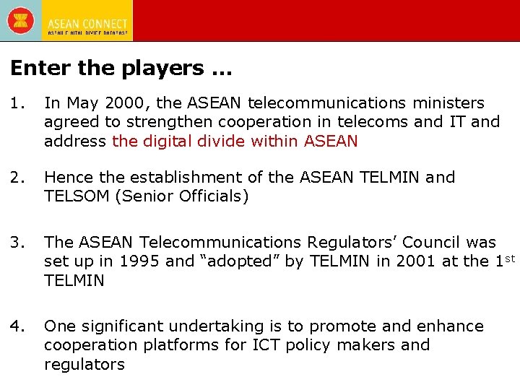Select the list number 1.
(x=17, y=103)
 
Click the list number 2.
(x=17, y=178)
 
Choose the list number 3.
(x=17, y=242)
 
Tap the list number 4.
(x=17, y=326)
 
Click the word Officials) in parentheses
(x=214, y=196)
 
